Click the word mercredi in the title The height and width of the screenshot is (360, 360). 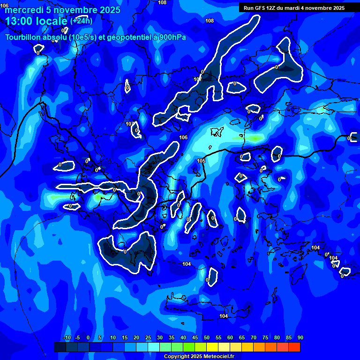[x=24, y=10]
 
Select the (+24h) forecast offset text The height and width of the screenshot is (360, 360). [x=81, y=21]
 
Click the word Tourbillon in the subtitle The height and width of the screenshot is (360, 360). [x=24, y=37]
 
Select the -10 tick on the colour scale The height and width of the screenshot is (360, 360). [x=67, y=337]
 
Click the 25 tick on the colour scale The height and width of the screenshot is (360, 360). [x=148, y=337]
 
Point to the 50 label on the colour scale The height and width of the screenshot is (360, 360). [x=207, y=337]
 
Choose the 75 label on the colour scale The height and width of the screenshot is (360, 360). [x=265, y=337]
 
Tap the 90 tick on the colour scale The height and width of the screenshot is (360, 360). [x=300, y=337]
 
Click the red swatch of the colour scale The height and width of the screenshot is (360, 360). [x=294, y=347]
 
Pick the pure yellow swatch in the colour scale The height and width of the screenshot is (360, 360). [x=212, y=347]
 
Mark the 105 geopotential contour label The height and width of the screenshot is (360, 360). [x=201, y=161]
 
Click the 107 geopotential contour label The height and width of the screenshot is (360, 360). [x=198, y=79]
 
